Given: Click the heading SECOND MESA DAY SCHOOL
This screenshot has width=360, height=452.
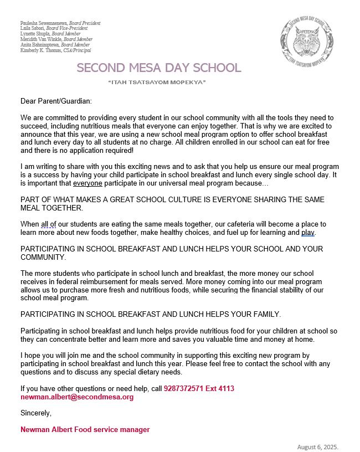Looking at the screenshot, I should [x=159, y=68].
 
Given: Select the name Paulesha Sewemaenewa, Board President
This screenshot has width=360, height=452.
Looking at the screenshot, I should [x=60, y=23].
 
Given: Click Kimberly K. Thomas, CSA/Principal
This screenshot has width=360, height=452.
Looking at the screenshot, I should [x=55, y=50].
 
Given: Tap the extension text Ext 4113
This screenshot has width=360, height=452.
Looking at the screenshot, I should [x=222, y=389].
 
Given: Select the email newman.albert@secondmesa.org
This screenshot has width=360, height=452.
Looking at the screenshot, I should [x=77, y=397].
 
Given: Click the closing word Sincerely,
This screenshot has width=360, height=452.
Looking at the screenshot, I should [x=36, y=413].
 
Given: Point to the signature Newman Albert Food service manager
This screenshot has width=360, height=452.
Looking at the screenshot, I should [x=85, y=429].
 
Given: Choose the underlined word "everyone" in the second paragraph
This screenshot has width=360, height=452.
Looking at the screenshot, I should [x=88, y=183].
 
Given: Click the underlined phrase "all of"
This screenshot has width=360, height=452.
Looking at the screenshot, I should [x=49, y=224].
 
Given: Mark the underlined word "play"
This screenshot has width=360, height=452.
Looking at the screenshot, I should [x=308, y=232].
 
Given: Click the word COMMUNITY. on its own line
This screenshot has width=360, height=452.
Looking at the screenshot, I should [x=43, y=257].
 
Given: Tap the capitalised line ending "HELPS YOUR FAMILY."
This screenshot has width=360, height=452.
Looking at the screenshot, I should [x=151, y=314].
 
